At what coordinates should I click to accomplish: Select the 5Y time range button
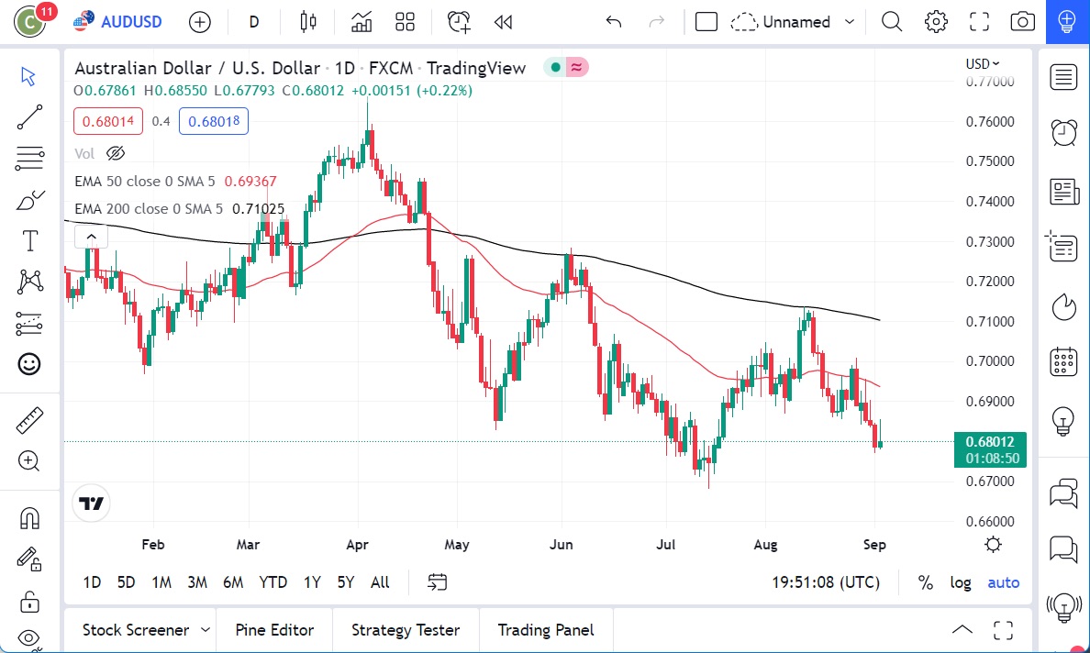tap(345, 581)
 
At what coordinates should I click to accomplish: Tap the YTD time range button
tap(272, 581)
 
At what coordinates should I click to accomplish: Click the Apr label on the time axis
tap(357, 544)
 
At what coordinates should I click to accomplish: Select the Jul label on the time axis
tap(665, 544)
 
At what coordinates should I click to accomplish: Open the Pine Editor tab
tap(274, 630)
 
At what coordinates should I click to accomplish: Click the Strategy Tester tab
tap(406, 630)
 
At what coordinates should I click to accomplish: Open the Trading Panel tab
tap(545, 630)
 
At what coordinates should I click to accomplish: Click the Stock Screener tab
tap(136, 630)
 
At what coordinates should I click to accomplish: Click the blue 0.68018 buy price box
tap(213, 121)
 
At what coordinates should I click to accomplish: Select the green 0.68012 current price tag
tap(990, 441)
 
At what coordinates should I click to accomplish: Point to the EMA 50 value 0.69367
tap(250, 182)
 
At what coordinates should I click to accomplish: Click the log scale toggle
tap(960, 582)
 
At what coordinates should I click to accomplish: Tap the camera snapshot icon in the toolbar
tap(1022, 21)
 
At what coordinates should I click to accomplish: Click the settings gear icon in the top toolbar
tap(936, 21)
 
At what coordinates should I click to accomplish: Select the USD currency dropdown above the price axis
tap(983, 63)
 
